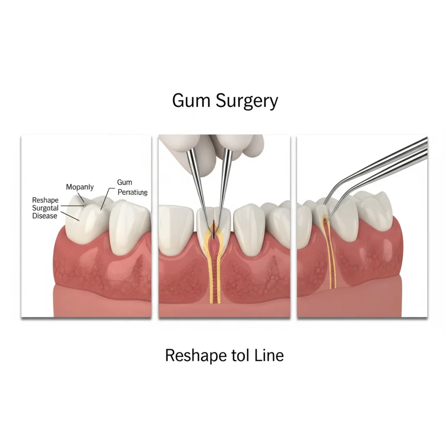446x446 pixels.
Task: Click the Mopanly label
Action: [80, 187]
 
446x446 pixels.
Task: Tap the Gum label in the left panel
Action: [125, 182]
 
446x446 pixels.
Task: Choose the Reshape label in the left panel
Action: [45, 200]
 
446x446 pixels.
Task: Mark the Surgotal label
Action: [46, 208]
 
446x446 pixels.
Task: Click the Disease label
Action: [45, 216]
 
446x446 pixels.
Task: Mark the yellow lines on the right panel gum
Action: [332, 266]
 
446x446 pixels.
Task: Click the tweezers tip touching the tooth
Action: [328, 214]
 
